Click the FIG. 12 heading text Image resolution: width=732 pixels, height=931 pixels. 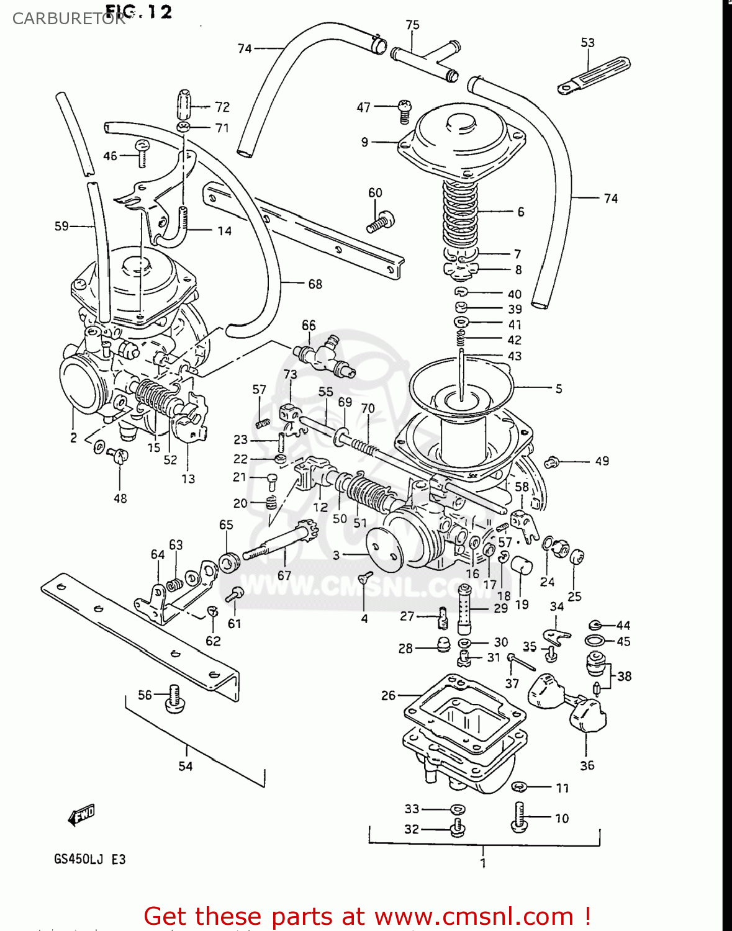(x=138, y=11)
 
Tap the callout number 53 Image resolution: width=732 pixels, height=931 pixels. (x=587, y=42)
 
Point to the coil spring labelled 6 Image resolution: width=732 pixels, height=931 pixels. (x=460, y=213)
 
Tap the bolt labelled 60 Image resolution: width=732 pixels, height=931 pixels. (x=381, y=222)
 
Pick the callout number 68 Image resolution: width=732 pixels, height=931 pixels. (x=315, y=284)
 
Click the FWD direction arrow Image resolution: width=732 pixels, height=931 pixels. (x=81, y=815)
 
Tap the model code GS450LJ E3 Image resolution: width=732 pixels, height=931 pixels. (x=89, y=860)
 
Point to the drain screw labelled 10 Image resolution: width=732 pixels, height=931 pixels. (x=519, y=816)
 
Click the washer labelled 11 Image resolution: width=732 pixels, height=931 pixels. (x=520, y=786)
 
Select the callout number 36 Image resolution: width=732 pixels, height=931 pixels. (x=587, y=765)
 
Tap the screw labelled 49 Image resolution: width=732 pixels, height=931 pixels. (x=551, y=462)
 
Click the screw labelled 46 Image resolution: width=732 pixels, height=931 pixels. (x=142, y=152)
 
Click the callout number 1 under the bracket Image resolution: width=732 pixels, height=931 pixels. (x=483, y=863)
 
